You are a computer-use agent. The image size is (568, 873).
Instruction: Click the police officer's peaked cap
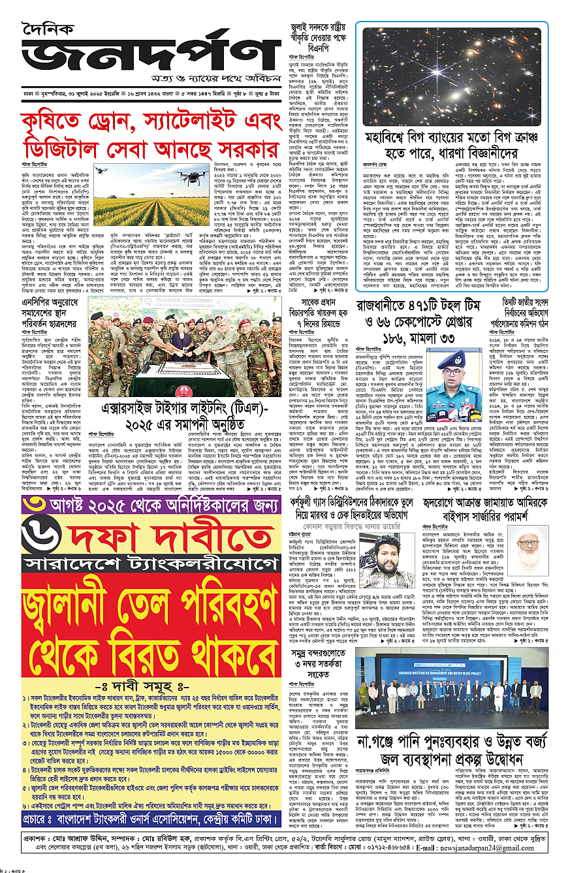click(456, 358)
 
